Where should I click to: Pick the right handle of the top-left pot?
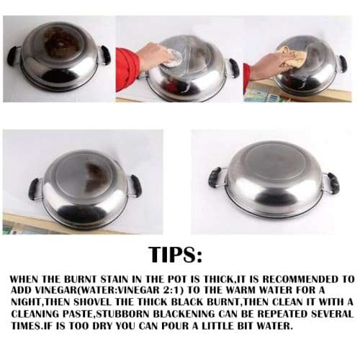pyautogui.click(x=104, y=53)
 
